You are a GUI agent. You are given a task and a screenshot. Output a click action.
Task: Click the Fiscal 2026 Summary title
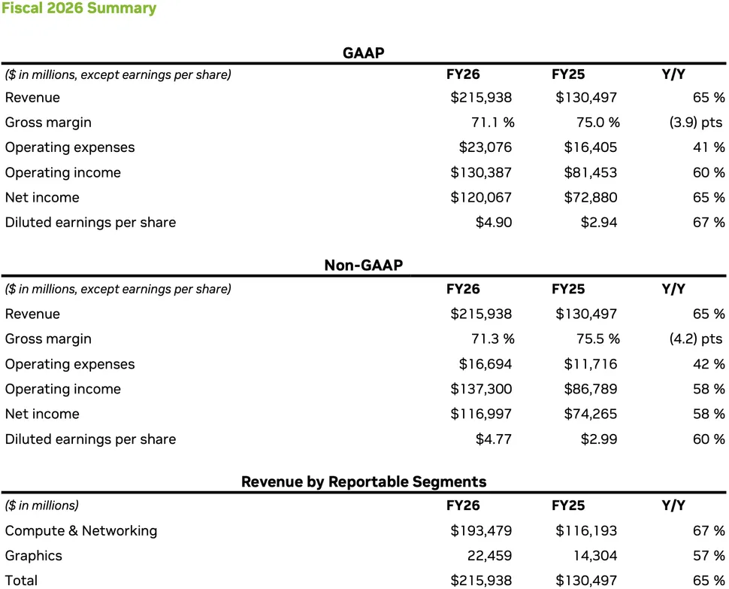pos(78,9)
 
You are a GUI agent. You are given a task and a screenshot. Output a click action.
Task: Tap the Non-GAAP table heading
pos(364,265)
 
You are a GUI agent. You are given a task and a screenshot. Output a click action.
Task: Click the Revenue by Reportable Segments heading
pos(364,481)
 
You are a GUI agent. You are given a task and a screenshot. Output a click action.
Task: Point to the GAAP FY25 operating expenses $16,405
pos(591,147)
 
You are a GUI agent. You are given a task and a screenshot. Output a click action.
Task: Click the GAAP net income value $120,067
pos(481,198)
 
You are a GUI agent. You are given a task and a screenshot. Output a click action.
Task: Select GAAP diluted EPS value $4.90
pos(494,223)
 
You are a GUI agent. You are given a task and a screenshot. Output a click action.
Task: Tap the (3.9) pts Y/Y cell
pos(697,123)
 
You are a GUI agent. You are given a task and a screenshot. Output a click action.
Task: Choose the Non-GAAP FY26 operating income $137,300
pos(481,389)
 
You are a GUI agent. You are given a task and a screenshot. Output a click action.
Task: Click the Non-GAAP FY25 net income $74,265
pos(586,414)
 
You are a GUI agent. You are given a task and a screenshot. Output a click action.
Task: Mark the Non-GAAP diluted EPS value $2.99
pos(599,439)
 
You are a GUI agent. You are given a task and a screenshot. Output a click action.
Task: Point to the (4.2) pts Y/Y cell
pos(697,339)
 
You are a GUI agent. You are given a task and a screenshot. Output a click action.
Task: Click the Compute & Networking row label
pos(81,531)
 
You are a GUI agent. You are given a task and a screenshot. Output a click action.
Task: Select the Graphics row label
pos(34,556)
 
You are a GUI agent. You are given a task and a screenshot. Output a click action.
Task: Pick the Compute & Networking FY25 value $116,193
pos(586,531)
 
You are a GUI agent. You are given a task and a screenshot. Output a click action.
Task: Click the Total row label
pos(21,580)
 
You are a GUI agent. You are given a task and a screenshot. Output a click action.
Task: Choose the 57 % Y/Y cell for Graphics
pos(709,556)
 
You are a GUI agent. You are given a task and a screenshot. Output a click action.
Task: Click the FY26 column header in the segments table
pos(463,506)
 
